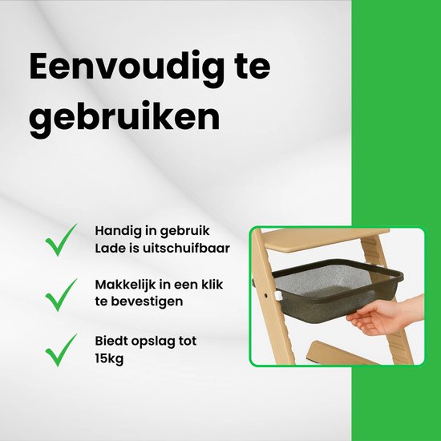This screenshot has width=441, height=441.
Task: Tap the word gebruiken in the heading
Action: pos(124,117)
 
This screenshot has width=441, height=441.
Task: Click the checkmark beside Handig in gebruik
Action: pos(60,239)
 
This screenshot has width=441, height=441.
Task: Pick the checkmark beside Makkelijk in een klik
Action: pos(60,294)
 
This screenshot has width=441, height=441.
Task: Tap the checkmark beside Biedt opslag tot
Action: pos(60,350)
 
